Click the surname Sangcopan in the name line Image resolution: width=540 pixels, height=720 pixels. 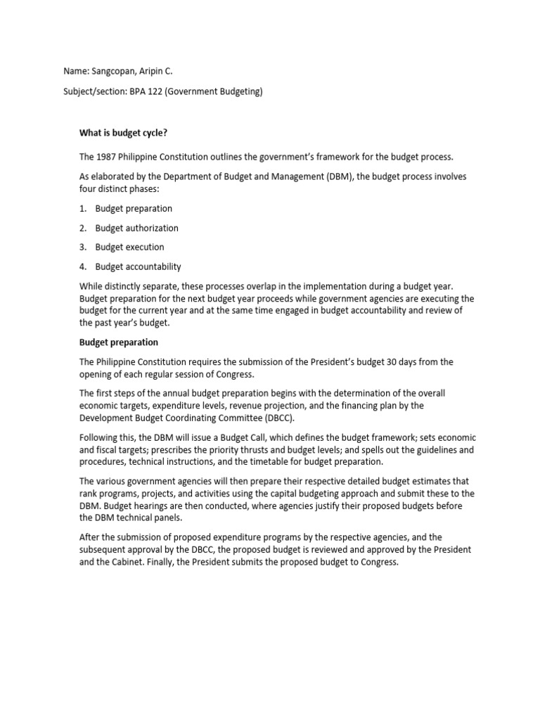[x=115, y=72]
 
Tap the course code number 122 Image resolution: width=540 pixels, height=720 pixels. [x=155, y=92]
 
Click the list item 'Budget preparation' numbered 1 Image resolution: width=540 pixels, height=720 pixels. [x=134, y=209]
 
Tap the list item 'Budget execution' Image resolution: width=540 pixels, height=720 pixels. [x=129, y=247]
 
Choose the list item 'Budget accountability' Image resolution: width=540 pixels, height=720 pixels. [x=138, y=266]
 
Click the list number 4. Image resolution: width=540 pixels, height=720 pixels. [x=82, y=266]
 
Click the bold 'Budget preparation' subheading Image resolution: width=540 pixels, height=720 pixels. [x=118, y=342]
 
